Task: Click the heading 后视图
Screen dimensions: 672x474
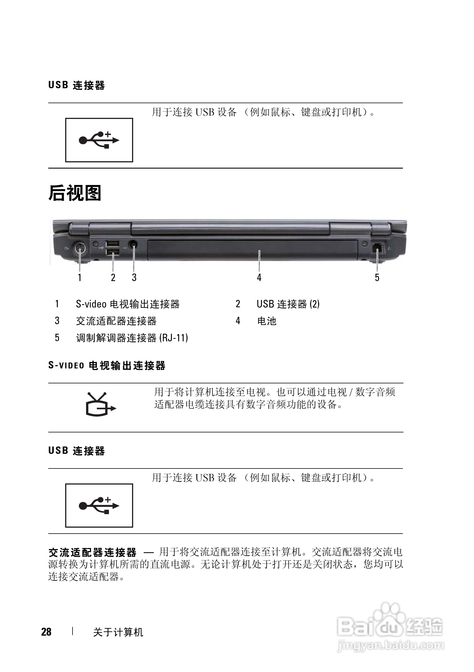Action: (x=75, y=193)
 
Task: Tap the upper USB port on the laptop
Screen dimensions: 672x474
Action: (x=113, y=244)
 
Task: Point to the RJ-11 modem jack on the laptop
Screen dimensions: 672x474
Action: (x=377, y=247)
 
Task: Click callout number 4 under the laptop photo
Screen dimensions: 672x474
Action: (x=259, y=277)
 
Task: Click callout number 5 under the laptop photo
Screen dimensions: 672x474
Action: (x=377, y=277)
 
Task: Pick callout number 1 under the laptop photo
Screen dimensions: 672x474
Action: (x=79, y=277)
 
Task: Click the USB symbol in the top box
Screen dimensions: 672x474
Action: (x=99, y=140)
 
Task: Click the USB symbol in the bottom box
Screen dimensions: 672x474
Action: (x=99, y=505)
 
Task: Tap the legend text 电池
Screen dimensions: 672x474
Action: (x=267, y=321)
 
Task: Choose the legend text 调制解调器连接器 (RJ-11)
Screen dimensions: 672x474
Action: (x=132, y=338)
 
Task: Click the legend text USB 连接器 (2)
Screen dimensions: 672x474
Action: (x=288, y=304)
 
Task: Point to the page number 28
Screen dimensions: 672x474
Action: (x=46, y=632)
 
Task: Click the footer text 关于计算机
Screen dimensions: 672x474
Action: (x=118, y=632)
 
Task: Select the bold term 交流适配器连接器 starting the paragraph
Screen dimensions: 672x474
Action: (x=93, y=552)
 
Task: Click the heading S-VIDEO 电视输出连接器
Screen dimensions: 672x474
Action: (x=107, y=366)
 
